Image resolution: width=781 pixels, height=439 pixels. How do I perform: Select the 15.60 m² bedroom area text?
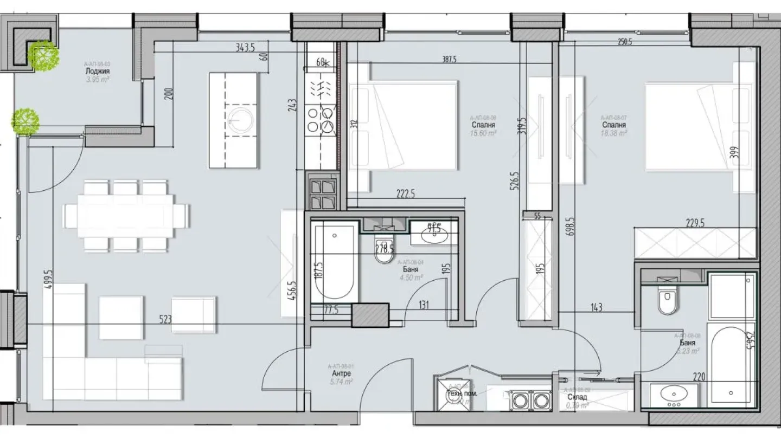click(x=483, y=133)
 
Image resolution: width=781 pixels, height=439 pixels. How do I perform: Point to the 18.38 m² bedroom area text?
click(x=614, y=133)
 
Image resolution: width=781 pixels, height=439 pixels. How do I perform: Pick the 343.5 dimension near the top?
click(x=245, y=47)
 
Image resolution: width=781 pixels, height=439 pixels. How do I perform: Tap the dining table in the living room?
click(x=125, y=216)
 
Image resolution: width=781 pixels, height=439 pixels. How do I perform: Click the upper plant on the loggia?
click(x=44, y=56)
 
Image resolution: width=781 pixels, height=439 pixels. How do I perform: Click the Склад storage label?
click(x=575, y=397)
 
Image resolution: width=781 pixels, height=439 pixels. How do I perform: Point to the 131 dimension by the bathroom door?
click(x=424, y=305)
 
